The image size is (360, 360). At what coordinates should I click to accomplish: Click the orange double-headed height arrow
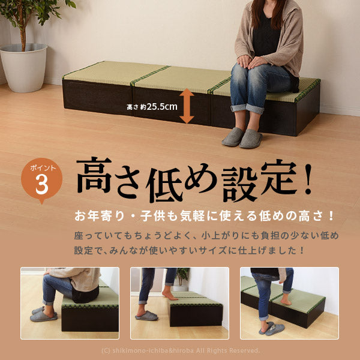(x=187, y=106)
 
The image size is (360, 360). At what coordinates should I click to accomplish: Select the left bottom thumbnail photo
(x=70, y=303)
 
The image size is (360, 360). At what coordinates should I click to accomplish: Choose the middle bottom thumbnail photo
(x=179, y=303)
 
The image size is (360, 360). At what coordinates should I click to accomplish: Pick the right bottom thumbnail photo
(x=289, y=303)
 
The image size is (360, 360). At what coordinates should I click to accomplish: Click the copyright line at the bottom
(x=179, y=350)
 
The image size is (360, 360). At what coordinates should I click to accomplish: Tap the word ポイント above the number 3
(x=41, y=167)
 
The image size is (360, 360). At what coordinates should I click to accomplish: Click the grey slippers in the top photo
(x=242, y=138)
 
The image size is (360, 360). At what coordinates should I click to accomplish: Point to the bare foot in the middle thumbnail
(x=170, y=295)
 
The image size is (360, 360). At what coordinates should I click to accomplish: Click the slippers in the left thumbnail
(x=44, y=314)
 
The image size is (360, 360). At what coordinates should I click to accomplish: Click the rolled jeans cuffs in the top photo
(x=247, y=109)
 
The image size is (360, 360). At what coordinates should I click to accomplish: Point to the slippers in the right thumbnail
(x=272, y=329)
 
